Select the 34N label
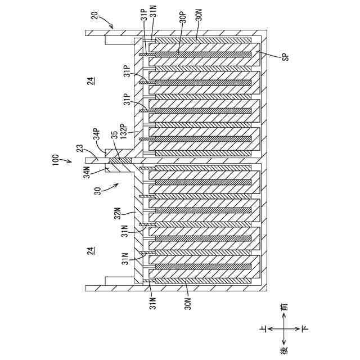click(87, 172)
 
